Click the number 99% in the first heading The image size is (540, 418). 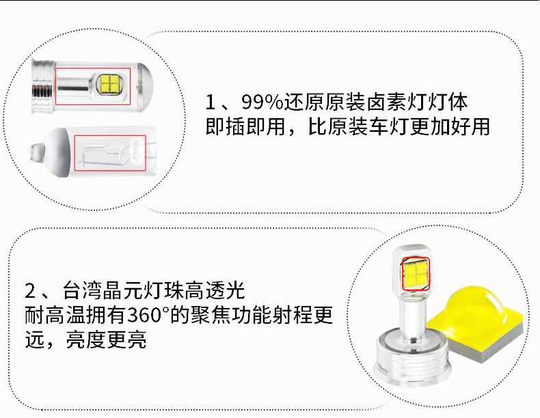262,102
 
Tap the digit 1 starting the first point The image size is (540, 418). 211,102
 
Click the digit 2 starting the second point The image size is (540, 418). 30,291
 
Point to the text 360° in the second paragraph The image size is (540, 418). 148,315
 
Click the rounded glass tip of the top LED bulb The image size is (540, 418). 146,87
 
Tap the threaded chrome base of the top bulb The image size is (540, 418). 43,86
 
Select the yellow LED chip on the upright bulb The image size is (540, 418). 416,274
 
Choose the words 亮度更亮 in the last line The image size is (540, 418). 106,340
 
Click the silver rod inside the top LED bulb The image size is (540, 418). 72,88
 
